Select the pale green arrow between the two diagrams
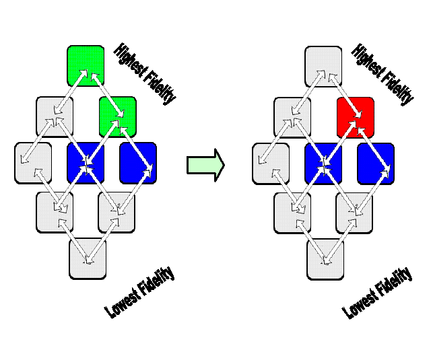click(205, 165)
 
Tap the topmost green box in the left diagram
click(86, 64)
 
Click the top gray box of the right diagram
click(323, 64)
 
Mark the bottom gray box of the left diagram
click(88, 258)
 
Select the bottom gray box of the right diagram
click(325, 258)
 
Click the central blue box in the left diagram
click(86, 162)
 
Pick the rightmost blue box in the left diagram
click(138, 162)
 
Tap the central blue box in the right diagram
click(323, 162)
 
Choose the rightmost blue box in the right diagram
click(376, 162)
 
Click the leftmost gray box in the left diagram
click(32, 162)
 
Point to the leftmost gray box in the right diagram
click(270, 162)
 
